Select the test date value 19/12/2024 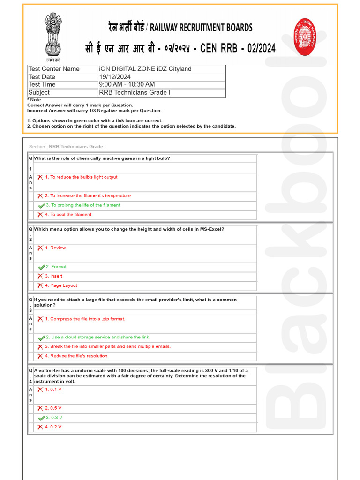point(115,77)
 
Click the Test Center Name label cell point(54,69)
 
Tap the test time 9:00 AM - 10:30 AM point(127,84)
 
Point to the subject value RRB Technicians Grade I point(135,92)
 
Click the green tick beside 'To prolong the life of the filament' point(41,206)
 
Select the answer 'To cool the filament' point(70,215)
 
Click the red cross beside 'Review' point(40,248)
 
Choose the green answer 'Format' point(59,267)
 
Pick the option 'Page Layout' point(63,285)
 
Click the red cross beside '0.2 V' point(40,427)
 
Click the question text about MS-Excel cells point(129,229)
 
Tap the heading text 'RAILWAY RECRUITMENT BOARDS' point(201,28)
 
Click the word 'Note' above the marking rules point(36,100)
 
